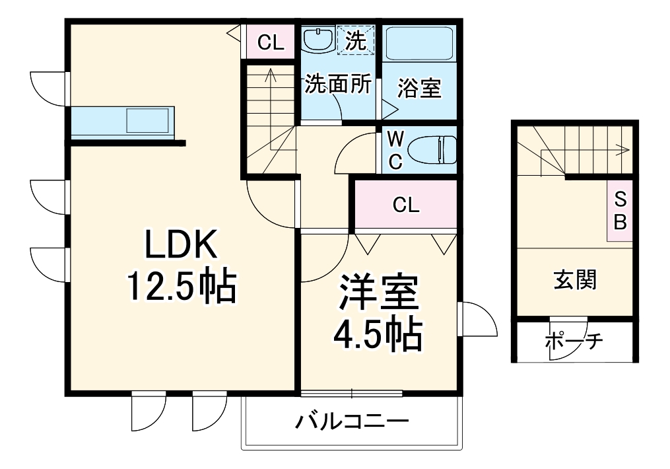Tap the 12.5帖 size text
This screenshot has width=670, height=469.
[x=180, y=288]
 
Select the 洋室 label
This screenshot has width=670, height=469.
[x=378, y=295]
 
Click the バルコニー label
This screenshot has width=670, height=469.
[x=352, y=421]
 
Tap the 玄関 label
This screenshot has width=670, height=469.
[x=574, y=280]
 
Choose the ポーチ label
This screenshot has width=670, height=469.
[x=574, y=342]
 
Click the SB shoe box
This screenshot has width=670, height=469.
[x=620, y=210]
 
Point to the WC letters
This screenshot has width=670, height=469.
[x=395, y=150]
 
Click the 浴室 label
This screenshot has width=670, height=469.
[x=420, y=88]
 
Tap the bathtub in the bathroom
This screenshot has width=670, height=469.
[x=420, y=44]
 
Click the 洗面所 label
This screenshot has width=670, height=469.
[x=337, y=85]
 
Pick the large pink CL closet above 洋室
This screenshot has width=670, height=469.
[x=405, y=205]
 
